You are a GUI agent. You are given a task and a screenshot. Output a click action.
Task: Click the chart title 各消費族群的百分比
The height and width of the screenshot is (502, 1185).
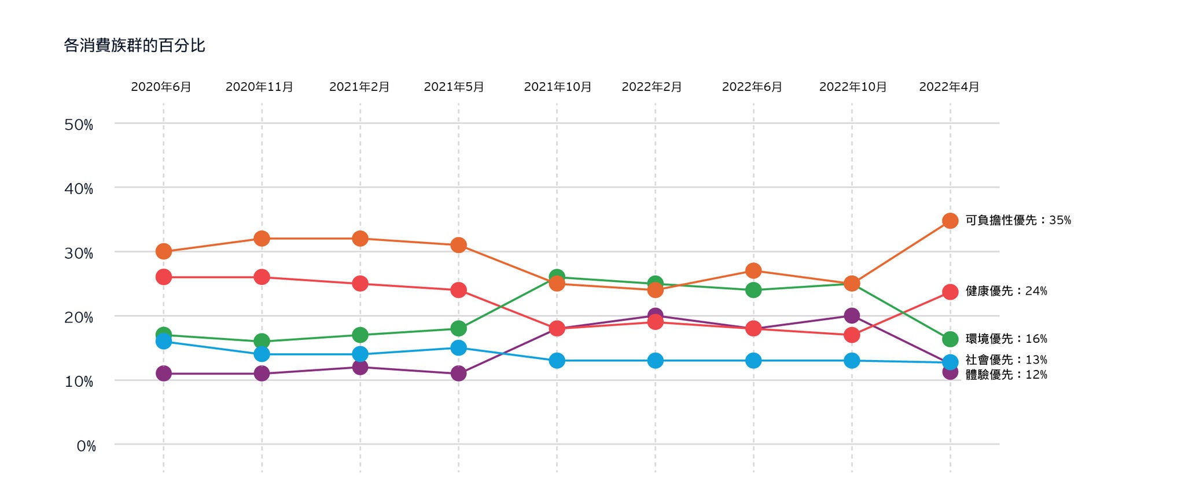pos(134,46)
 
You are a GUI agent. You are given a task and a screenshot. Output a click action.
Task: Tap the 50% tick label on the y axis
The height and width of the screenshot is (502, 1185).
pos(79,124)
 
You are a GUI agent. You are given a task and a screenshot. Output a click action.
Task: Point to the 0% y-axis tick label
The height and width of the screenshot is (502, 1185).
pos(86,446)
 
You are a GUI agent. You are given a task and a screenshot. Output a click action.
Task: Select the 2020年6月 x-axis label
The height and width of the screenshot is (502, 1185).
pos(161,87)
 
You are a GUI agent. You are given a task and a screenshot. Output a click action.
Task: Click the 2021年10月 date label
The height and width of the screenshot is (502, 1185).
pos(558,87)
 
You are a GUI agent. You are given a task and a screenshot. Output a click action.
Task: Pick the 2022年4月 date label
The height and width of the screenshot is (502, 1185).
pos(949,87)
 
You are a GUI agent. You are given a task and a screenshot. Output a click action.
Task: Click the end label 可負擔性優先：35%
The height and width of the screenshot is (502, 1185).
pos(1018,220)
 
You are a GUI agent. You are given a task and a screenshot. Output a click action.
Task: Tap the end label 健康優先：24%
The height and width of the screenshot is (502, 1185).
pos(1006,291)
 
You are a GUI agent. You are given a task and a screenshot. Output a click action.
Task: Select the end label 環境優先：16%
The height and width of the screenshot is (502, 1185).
pos(1006,339)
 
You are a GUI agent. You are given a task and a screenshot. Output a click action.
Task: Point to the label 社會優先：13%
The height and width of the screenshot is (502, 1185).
pos(1006,360)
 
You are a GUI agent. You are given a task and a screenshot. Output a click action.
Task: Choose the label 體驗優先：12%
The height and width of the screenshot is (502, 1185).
pos(1006,375)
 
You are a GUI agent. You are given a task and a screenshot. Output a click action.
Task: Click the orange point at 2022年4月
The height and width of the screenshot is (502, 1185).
pos(950,221)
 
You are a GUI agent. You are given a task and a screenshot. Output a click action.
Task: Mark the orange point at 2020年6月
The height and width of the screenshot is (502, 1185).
pos(164,251)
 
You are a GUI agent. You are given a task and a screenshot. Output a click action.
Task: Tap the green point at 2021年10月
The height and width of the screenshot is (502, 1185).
pos(557,277)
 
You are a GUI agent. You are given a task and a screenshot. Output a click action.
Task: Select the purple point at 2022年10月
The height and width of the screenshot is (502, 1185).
pos(852,316)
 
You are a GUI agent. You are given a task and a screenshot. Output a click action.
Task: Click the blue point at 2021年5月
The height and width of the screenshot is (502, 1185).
pos(458,348)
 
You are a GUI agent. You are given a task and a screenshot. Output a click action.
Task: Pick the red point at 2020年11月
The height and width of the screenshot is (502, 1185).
pos(262,277)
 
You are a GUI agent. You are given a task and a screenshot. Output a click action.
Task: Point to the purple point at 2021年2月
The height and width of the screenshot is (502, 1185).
pos(360,367)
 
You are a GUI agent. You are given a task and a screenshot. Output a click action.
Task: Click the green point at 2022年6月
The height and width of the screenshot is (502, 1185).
pos(753,290)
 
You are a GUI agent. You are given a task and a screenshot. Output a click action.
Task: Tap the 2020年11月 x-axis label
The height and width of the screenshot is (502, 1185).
pos(259,87)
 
